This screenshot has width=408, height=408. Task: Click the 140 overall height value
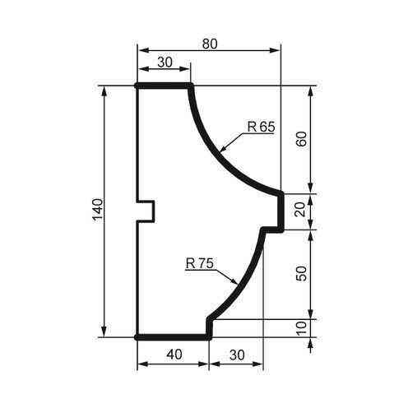pyautogui.click(x=97, y=211)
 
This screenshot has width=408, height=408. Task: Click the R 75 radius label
pyautogui.click(x=200, y=264)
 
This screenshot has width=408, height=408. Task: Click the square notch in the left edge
pyautogui.click(x=146, y=211)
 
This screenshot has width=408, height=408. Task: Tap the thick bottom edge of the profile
pyautogui.click(x=173, y=336)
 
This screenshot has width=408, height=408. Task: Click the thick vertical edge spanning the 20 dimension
pyautogui.click(x=281, y=211)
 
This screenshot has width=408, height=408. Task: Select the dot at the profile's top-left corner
pyautogui.click(x=137, y=85)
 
